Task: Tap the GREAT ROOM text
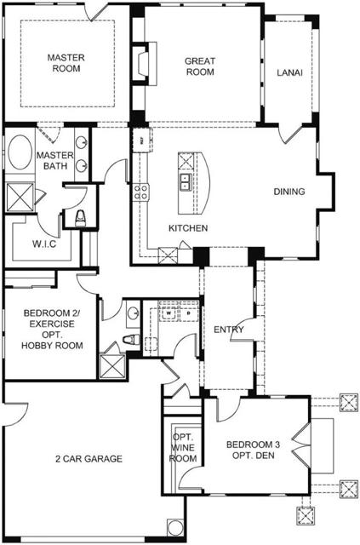[200, 66]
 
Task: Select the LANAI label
[289, 73]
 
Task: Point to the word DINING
[289, 192]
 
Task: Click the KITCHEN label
[187, 228]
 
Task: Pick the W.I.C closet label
[44, 244]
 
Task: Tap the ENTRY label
[229, 330]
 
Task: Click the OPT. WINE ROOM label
[184, 448]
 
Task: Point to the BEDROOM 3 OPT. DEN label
[253, 450]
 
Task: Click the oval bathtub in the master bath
[19, 158]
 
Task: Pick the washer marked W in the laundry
[169, 313]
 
